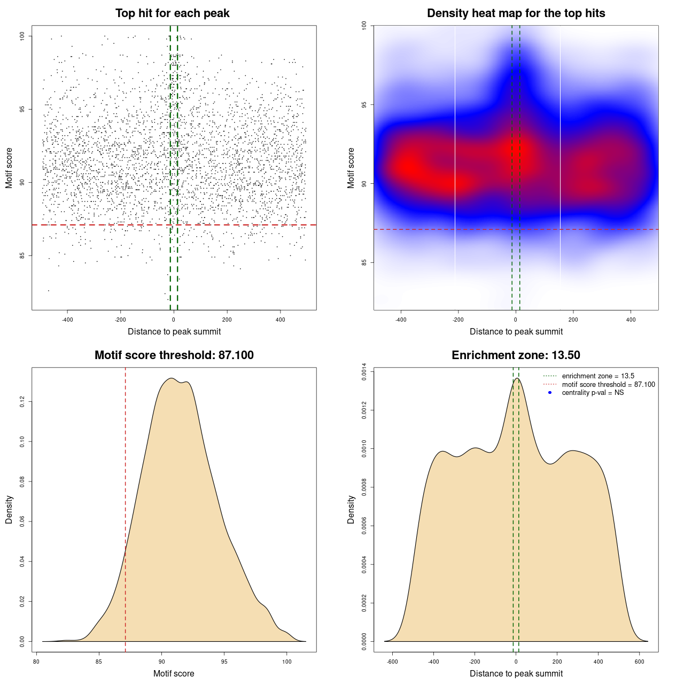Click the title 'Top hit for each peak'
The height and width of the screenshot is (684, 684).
[172, 13]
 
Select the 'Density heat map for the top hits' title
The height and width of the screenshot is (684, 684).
[516, 13]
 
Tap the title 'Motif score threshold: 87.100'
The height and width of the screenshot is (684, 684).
[174, 355]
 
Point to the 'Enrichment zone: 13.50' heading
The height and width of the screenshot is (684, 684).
[516, 355]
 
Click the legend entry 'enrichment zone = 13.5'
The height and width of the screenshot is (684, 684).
[598, 376]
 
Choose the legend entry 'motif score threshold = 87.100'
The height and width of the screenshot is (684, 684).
[608, 385]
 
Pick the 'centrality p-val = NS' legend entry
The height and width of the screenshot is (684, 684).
[593, 393]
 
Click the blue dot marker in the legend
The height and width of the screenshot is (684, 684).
[550, 393]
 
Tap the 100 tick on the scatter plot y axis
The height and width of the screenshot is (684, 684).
[22, 36]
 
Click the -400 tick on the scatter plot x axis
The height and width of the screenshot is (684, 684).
[67, 320]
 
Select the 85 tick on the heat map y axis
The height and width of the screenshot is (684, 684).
[364, 262]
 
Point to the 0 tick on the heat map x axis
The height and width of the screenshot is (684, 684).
[516, 320]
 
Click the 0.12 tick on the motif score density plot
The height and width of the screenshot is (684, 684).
[22, 401]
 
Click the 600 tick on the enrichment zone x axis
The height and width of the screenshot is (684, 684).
[639, 662]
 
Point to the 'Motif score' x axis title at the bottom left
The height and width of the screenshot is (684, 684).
[174, 673]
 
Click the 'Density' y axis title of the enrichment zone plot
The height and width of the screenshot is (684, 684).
[351, 509]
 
